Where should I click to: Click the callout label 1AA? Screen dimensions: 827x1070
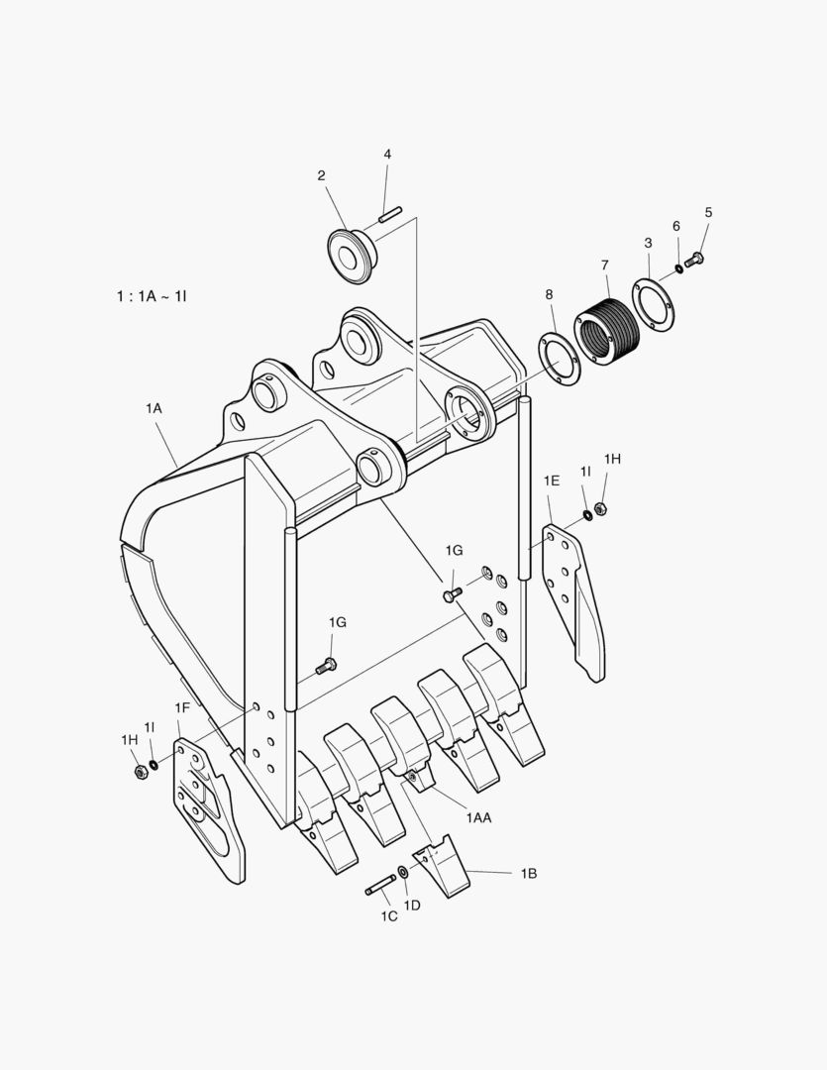[x=479, y=816]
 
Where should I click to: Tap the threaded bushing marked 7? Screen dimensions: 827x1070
[x=606, y=333]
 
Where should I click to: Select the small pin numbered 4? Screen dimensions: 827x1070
[x=391, y=214]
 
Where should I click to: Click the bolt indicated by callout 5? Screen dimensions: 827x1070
[x=694, y=260]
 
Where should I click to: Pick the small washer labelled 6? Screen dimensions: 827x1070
[x=678, y=267]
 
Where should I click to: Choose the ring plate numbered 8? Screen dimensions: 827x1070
[x=561, y=359]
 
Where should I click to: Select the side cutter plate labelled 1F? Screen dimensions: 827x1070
[x=209, y=809]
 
